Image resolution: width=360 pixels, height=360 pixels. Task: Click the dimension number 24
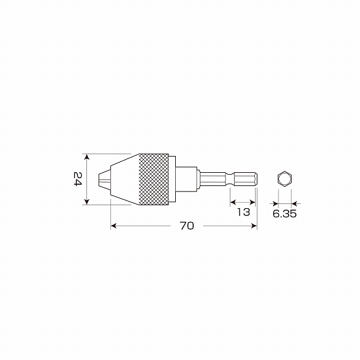77,179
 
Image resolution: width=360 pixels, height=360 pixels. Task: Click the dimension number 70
187,226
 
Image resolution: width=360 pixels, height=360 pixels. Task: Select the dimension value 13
244,212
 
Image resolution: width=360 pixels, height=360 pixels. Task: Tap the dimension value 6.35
284,214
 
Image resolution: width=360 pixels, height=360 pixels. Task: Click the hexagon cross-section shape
284,179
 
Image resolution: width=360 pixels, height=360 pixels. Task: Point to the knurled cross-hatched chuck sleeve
154,179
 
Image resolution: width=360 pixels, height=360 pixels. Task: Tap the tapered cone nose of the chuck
125,179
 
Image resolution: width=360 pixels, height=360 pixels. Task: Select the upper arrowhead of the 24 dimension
86,157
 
